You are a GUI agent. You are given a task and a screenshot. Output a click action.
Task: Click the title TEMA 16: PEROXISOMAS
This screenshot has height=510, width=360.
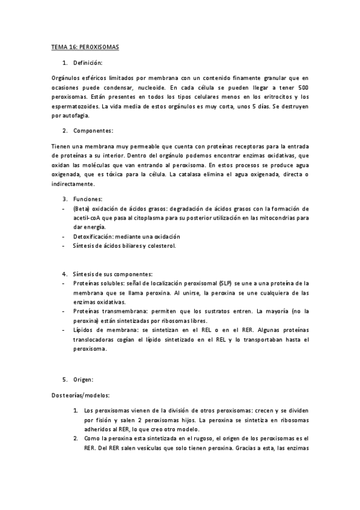click(x=84, y=47)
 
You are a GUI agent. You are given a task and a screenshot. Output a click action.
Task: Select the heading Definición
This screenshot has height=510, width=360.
click(x=88, y=63)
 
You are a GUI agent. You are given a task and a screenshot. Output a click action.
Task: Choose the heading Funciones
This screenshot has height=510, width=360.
click(x=88, y=198)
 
